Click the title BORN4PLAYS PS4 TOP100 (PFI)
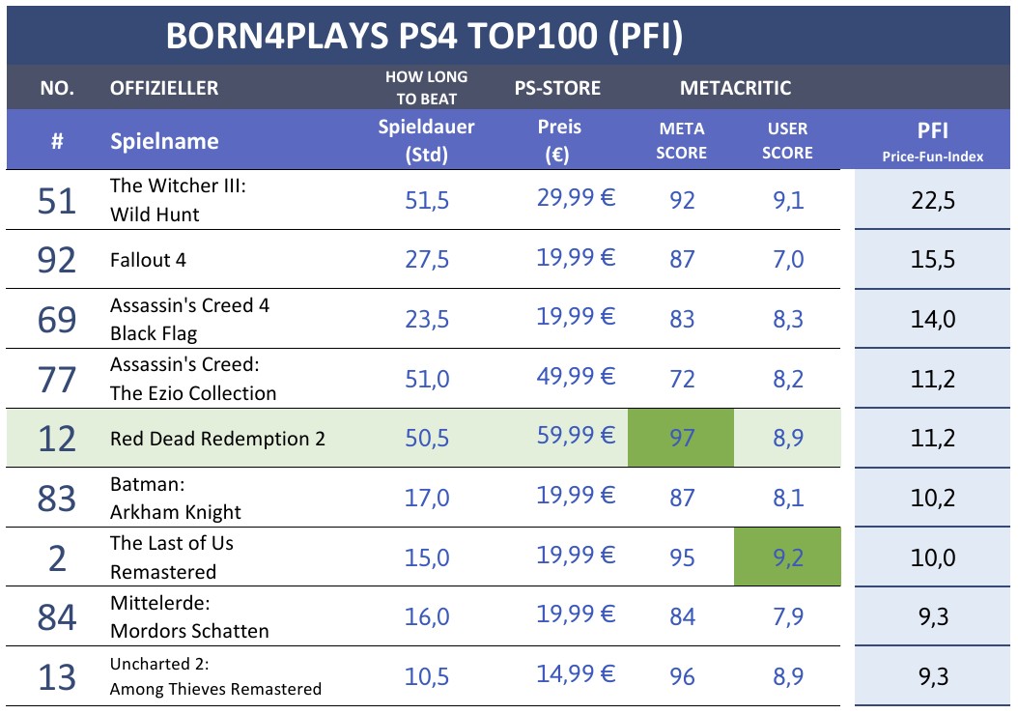click(x=424, y=36)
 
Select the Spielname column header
click(x=164, y=141)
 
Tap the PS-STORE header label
click(x=557, y=88)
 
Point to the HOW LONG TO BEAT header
click(x=426, y=87)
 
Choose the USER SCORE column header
click(x=787, y=140)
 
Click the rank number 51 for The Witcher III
click(x=57, y=200)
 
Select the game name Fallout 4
click(x=148, y=260)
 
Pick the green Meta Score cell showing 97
click(x=681, y=439)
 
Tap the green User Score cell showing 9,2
click(x=787, y=557)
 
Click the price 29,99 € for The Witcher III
click(x=576, y=198)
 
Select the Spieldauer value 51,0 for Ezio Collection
click(x=426, y=379)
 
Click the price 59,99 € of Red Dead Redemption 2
click(x=576, y=437)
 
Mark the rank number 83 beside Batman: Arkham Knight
click(x=57, y=498)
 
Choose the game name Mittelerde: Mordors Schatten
click(x=189, y=616)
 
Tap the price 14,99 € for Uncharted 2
click(x=576, y=674)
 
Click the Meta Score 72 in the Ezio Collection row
click(x=681, y=379)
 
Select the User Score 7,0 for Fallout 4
click(x=787, y=260)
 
